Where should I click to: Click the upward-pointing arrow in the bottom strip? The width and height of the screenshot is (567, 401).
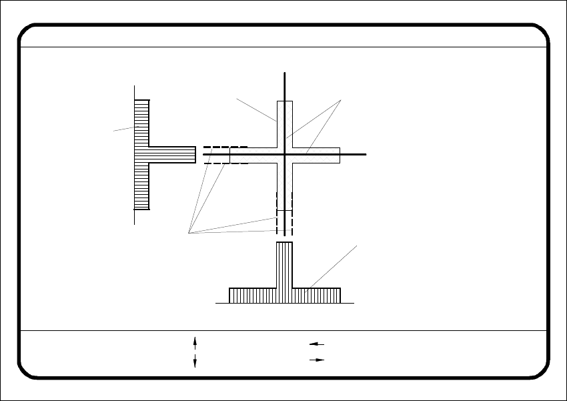click(x=195, y=342)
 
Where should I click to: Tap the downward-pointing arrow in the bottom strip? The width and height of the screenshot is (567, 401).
click(x=195, y=361)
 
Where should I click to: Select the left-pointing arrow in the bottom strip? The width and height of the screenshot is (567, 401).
click(x=316, y=344)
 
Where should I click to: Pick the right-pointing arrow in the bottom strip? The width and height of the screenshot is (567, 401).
click(x=316, y=360)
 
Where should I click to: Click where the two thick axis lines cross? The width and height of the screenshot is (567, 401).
click(x=285, y=154)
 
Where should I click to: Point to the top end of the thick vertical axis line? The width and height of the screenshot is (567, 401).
click(x=285, y=72)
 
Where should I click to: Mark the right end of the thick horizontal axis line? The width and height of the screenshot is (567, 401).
click(x=366, y=154)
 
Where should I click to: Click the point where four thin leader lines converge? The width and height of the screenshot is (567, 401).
click(x=189, y=233)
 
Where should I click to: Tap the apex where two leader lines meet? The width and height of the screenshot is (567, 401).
click(x=341, y=100)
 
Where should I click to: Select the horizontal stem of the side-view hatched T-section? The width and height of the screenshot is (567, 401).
click(x=172, y=155)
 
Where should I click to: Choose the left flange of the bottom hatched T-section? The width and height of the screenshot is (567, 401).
click(x=253, y=295)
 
